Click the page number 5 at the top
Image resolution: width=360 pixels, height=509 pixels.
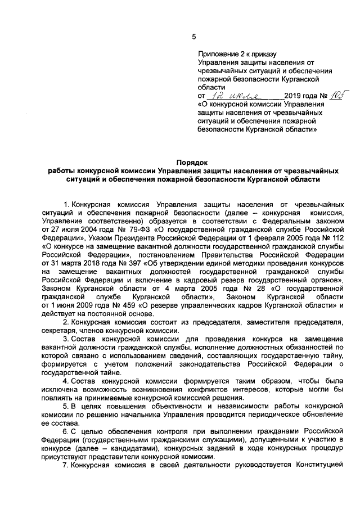pyautogui.click(x=193, y=37)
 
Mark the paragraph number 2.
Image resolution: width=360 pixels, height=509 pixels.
pyautogui.click(x=65, y=322)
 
